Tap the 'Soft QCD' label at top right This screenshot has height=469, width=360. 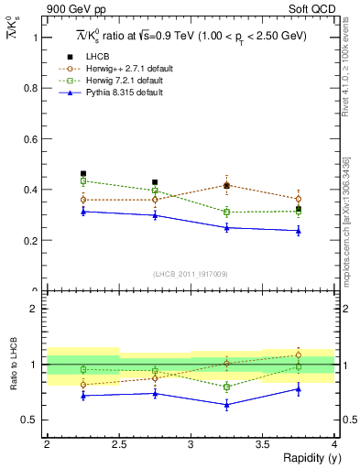coord(312,9)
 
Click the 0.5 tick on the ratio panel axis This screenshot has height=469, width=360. coord(35,420)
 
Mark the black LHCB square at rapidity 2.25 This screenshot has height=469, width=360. coord(83,173)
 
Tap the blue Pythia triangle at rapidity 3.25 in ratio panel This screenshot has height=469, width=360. coord(226,404)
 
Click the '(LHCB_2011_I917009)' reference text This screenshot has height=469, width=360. coord(191,274)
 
